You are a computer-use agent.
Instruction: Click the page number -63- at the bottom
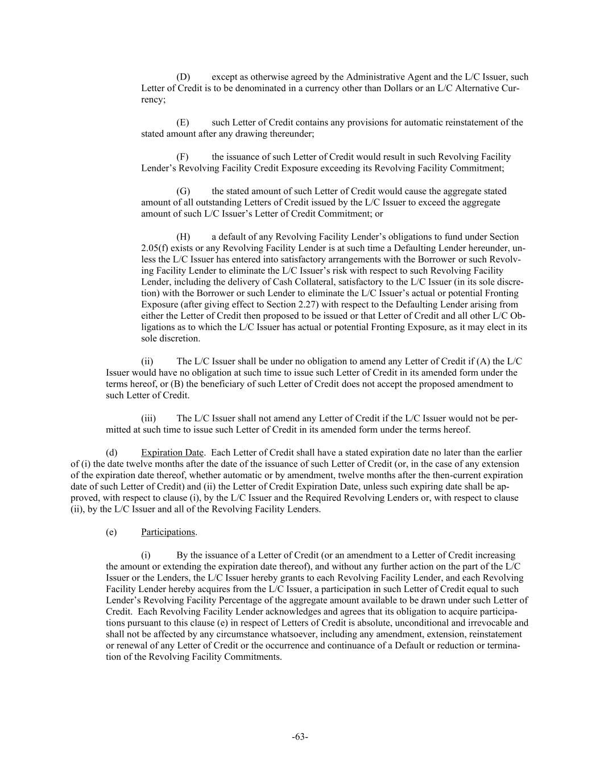click(300, 737)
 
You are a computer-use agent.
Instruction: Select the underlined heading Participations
click(168, 532)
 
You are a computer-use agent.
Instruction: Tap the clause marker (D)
click(183, 77)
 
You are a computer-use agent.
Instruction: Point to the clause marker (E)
click(183, 122)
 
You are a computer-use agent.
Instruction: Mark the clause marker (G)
click(183, 191)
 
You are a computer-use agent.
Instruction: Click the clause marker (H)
click(183, 236)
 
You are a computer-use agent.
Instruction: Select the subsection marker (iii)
click(148, 418)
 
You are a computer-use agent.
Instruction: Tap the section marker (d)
click(111, 453)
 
